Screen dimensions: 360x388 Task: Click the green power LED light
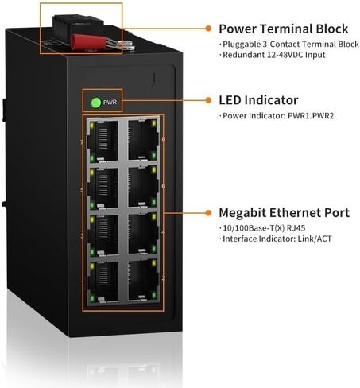click(x=96, y=103)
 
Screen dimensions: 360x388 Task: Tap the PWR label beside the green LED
click(x=110, y=103)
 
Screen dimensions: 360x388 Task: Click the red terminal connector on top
click(x=90, y=42)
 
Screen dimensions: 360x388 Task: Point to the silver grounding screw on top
click(x=126, y=45)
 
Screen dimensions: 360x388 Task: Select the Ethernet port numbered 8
click(x=143, y=140)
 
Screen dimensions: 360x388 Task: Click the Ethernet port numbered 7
click(x=103, y=142)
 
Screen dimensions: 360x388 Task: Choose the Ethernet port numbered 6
click(x=143, y=187)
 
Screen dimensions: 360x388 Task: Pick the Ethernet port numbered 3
click(x=103, y=235)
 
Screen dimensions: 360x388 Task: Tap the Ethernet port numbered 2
click(x=143, y=281)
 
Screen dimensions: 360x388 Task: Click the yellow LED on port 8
click(x=153, y=123)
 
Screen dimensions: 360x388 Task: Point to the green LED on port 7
click(x=92, y=158)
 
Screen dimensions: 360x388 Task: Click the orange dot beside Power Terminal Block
click(x=208, y=29)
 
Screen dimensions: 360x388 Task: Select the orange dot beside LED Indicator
click(x=208, y=100)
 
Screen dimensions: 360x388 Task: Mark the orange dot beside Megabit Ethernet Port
click(x=208, y=212)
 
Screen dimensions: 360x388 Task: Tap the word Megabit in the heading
click(x=242, y=213)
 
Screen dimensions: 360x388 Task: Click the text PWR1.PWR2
click(x=311, y=116)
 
